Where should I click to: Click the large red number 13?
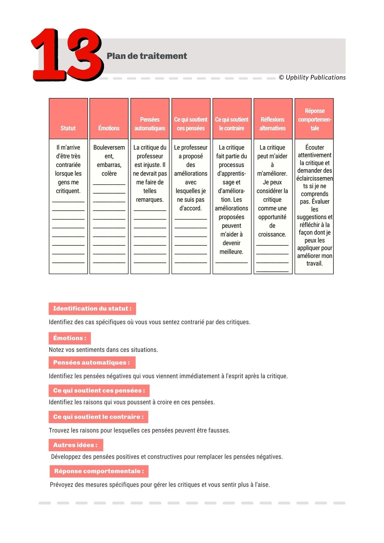pos(67,54)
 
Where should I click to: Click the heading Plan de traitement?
pos(147,56)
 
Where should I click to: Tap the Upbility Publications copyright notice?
pos(312,77)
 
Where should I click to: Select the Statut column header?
pos(68,128)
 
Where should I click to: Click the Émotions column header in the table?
pos(109,128)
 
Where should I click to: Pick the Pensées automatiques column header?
pos(150,124)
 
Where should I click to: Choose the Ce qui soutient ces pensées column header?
pos(191,124)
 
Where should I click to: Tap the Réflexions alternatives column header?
pos(272,124)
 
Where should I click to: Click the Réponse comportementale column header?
pos(314,120)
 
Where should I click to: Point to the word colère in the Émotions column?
pos(109,174)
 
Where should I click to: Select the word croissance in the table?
pos(272,234)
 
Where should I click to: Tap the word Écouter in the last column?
pos(314,147)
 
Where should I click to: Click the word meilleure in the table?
pos(231,252)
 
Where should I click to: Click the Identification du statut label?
pos(92,309)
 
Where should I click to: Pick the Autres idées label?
pos(76,445)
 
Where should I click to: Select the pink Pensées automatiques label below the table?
pos(92,363)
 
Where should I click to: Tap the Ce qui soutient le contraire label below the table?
pos(98,417)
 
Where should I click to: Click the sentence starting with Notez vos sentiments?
pos(103,350)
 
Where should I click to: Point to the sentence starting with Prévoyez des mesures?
pos(160,485)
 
